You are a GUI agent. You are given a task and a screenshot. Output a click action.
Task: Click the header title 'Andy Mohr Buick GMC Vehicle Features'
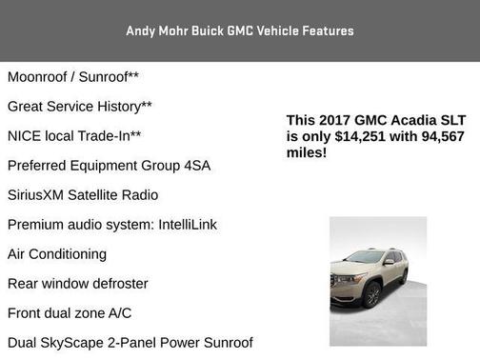(x=240, y=31)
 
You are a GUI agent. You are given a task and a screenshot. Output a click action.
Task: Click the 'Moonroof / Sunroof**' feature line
(x=73, y=76)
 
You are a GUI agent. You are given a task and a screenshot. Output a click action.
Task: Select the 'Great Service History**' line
(x=80, y=107)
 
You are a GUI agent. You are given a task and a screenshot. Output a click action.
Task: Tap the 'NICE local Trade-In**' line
(x=74, y=136)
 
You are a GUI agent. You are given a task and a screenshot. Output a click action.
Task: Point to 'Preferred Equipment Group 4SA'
(x=109, y=166)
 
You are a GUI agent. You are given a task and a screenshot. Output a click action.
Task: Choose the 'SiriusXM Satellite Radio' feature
(x=83, y=195)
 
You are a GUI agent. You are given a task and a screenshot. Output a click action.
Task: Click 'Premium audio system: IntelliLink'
(x=111, y=225)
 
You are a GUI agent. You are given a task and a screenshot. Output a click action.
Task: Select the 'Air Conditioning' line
(x=57, y=254)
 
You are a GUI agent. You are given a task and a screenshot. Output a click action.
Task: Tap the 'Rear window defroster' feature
(x=78, y=284)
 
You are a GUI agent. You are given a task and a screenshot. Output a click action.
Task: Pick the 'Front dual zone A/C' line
(x=70, y=313)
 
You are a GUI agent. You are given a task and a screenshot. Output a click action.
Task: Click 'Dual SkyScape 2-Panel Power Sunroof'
(x=130, y=343)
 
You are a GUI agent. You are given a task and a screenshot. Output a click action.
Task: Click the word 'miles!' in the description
(x=307, y=151)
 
